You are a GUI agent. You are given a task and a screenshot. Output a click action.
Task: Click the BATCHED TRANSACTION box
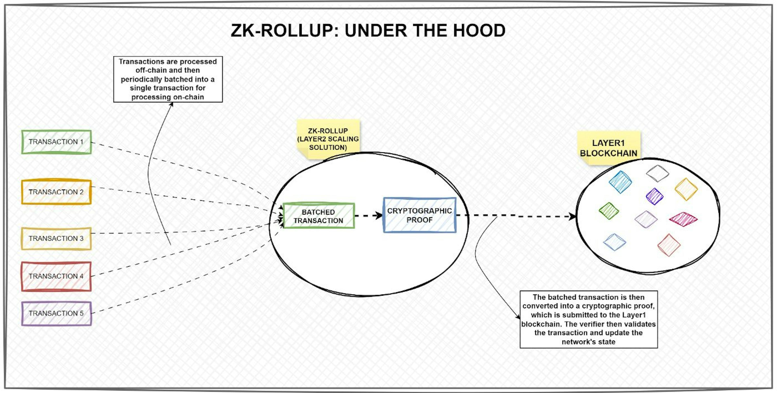[x=318, y=216]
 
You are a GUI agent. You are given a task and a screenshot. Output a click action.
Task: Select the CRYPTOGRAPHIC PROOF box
[x=419, y=215]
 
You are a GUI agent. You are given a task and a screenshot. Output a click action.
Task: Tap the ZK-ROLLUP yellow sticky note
[x=328, y=139]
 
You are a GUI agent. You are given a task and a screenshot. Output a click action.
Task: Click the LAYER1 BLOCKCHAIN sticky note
[x=608, y=148]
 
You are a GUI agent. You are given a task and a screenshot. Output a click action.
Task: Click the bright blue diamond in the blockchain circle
[x=620, y=182]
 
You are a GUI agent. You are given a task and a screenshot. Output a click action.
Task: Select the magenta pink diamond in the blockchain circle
[x=683, y=219]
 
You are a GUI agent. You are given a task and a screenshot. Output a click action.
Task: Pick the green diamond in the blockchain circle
[x=609, y=210]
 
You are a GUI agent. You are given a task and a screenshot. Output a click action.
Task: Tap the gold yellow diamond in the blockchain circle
[x=686, y=189]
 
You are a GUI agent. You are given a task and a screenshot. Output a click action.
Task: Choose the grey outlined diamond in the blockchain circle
[x=658, y=173]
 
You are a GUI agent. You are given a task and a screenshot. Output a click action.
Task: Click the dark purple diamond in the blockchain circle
[x=655, y=196]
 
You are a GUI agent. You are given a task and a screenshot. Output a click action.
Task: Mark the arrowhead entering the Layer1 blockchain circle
[x=572, y=216]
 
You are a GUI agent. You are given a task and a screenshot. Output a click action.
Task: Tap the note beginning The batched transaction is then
[x=588, y=319]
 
